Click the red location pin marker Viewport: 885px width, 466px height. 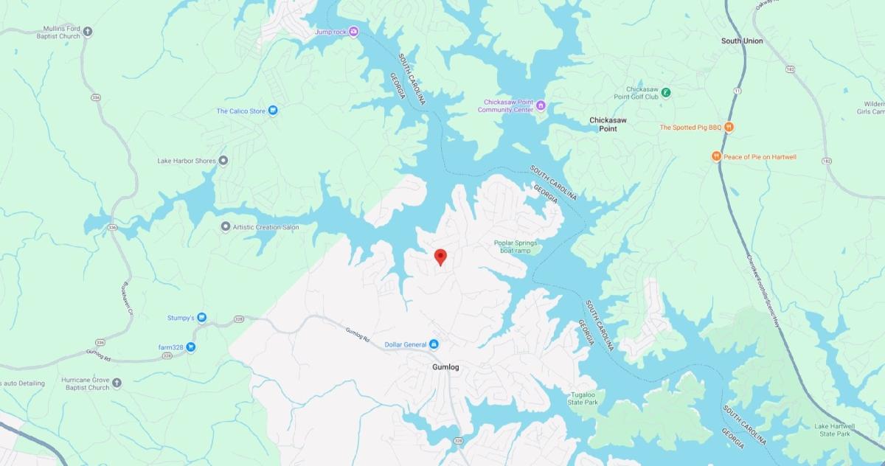pos(441,257)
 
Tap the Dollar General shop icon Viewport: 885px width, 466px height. pos(434,344)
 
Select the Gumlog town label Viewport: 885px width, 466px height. pos(445,366)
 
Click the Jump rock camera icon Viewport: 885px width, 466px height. pos(353,31)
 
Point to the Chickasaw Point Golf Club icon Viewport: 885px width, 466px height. pos(665,92)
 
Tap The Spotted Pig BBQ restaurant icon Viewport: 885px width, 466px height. pos(729,127)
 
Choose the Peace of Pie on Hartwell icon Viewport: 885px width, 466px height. pos(715,156)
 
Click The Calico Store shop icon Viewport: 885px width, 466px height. pos(272,111)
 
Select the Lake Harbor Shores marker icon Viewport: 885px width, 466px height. pos(223,160)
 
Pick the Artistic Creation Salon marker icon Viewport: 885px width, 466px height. pos(226,226)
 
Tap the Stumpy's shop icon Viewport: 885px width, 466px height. pos(202,318)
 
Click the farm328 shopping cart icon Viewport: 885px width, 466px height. pos(190,347)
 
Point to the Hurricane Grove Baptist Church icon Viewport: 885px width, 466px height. pos(117,383)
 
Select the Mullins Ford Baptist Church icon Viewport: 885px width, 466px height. pos(88,31)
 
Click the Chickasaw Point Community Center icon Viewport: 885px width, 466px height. pos(541,105)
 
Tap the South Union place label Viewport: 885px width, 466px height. pos(742,41)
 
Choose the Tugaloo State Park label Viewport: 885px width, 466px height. pos(583,399)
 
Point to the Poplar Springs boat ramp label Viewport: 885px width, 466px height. pos(513,246)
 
